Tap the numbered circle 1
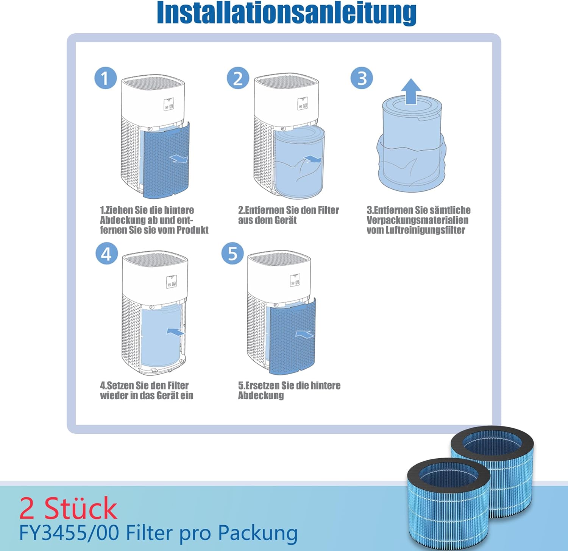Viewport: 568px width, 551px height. click(105, 78)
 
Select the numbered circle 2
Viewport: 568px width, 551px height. click(238, 78)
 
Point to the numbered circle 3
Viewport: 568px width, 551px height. click(362, 78)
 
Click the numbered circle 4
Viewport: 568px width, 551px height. click(106, 253)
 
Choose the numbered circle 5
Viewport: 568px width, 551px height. click(233, 253)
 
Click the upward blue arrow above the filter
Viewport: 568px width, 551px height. click(411, 92)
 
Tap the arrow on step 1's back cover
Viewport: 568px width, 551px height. click(179, 158)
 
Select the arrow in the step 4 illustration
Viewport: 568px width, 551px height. click(175, 332)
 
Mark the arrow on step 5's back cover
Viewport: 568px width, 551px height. click(304, 334)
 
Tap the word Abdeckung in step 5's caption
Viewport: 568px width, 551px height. click(261, 395)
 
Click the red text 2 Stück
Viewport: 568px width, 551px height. click(68, 508)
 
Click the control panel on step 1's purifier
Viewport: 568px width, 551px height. click(169, 105)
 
